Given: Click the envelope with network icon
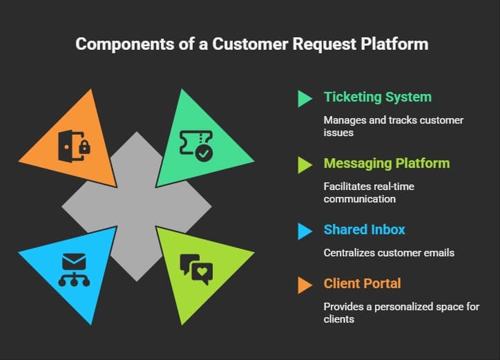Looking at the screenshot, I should click(73, 268).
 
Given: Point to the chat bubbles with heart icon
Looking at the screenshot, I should click(196, 269).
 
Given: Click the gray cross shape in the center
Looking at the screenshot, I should click(136, 207).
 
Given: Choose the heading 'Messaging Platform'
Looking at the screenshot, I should click(387, 164).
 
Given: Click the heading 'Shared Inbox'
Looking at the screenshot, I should click(363, 230).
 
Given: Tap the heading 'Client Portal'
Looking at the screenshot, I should click(363, 283).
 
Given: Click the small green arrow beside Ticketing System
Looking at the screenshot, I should click(305, 99).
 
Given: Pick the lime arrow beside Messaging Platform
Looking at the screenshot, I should click(305, 164).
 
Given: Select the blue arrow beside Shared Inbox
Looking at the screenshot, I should click(305, 231).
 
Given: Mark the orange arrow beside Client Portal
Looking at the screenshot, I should click(305, 284).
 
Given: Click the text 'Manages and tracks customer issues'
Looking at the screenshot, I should click(393, 126).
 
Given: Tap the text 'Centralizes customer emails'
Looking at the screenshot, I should click(389, 253).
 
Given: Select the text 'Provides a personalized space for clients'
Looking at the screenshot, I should click(401, 312).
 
